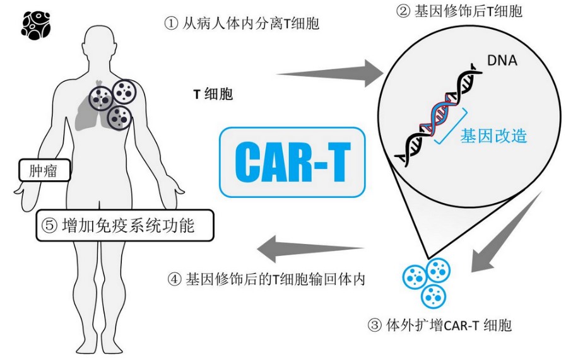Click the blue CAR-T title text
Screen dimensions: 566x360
tap(292, 162)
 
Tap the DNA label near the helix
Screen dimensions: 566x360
tap(502, 61)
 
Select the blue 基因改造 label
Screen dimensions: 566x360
tap(493, 136)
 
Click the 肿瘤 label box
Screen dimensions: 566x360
tap(44, 170)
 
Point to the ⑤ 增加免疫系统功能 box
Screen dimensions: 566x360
tap(125, 226)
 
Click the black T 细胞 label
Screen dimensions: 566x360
tap(213, 94)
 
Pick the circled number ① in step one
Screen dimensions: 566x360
tap(171, 24)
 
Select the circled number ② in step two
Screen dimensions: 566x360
tap(403, 11)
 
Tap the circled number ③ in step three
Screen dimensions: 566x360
tap(374, 325)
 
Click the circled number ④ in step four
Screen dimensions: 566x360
tap(174, 279)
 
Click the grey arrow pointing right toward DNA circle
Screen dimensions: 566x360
tap(329, 74)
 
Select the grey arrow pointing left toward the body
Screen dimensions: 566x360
tap(310, 249)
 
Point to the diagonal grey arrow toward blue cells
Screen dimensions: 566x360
tap(505, 233)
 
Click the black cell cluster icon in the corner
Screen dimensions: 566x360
tap(35, 25)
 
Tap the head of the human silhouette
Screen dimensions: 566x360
tap(100, 45)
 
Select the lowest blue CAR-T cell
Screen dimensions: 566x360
tap(433, 296)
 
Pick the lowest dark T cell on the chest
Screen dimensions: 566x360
tap(119, 118)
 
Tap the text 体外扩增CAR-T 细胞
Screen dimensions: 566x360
tap(449, 325)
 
